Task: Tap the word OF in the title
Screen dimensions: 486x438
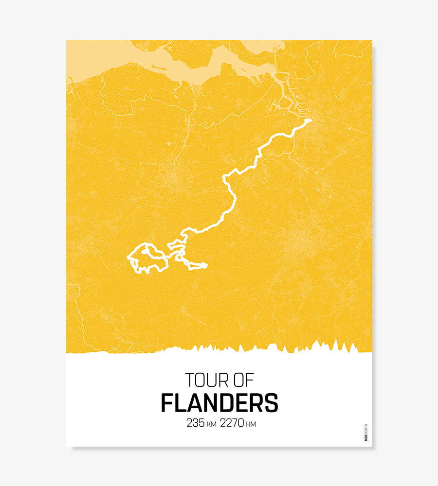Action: pos(243,380)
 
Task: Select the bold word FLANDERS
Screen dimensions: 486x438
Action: pos(219,403)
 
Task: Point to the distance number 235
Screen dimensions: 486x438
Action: pos(196,423)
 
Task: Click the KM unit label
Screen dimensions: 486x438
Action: pos(211,424)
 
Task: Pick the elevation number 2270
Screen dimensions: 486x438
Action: pos(232,423)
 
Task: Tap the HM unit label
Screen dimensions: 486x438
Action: pos(251,424)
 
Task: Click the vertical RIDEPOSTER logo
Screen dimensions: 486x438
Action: pos(366,432)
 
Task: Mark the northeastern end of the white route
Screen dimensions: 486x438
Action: pos(310,120)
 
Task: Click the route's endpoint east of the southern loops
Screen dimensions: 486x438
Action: pos(206,265)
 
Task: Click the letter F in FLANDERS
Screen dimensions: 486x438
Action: pos(166,403)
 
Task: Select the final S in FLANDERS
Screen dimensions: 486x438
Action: pos(272,403)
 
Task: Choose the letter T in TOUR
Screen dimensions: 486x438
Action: pos(189,380)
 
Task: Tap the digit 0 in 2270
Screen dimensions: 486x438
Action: pos(240,423)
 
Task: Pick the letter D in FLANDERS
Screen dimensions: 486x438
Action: pos(223,403)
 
